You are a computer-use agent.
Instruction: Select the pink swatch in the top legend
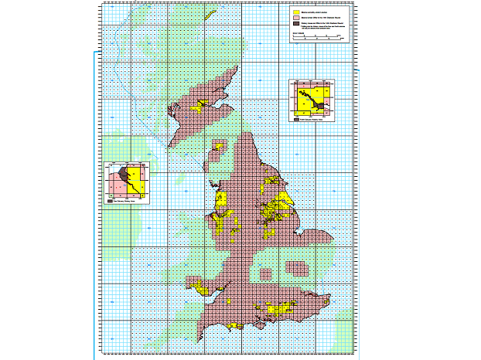pos(295,18)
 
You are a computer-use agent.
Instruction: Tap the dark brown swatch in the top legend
pos(295,24)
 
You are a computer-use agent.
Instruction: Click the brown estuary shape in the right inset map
pos(312,99)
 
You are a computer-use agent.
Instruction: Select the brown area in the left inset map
pos(123,174)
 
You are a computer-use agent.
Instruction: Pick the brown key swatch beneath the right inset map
pos(296,120)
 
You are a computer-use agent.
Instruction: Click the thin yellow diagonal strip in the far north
pos(208,14)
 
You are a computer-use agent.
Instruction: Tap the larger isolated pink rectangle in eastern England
pos(296,268)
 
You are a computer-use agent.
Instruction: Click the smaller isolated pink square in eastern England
pos(266,273)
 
